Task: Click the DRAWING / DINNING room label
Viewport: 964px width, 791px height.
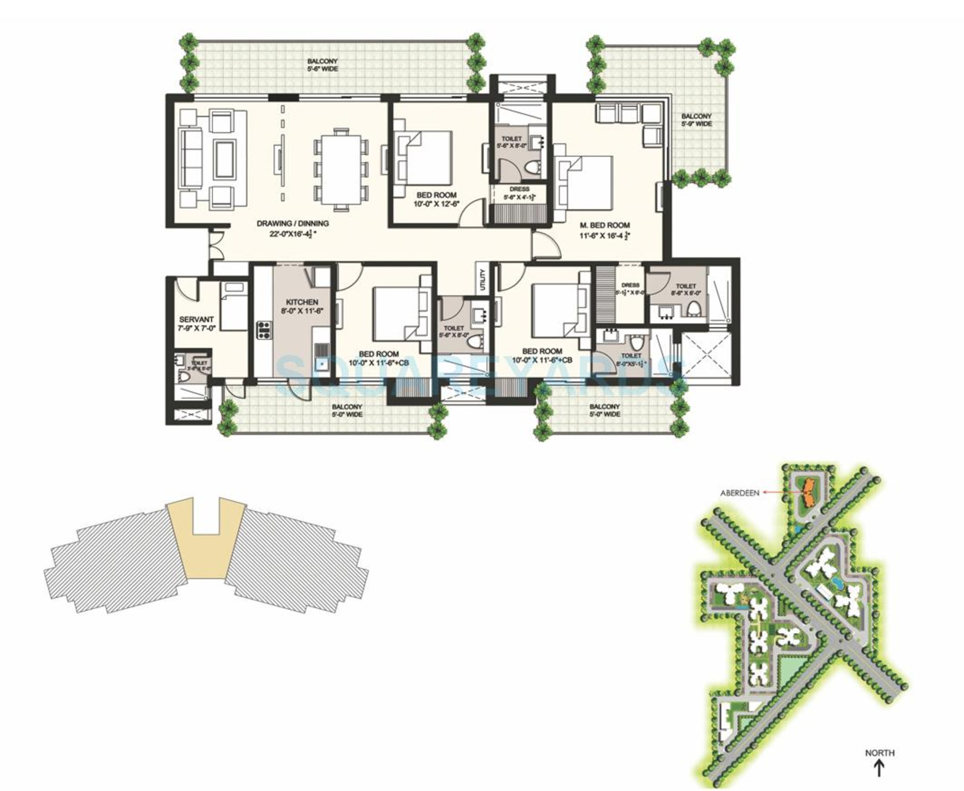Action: (x=292, y=224)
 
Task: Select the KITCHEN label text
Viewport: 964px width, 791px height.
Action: (x=302, y=302)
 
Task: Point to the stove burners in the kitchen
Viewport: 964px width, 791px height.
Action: (x=264, y=330)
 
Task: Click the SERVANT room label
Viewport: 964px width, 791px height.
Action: (x=196, y=319)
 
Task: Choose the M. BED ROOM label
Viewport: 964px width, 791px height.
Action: (x=604, y=225)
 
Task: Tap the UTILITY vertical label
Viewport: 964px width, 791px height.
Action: (x=482, y=279)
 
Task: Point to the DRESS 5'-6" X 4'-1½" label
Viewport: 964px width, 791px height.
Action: (x=519, y=193)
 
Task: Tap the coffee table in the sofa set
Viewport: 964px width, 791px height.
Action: (x=225, y=159)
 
